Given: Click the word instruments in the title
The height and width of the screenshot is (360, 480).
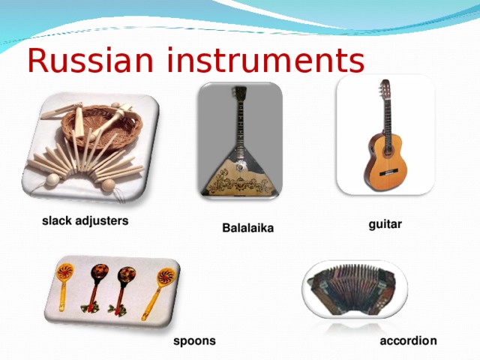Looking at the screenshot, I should tap(264, 59).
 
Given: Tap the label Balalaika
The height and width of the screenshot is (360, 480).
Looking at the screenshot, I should tap(248, 227).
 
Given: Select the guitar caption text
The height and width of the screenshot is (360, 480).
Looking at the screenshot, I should tap(385, 223).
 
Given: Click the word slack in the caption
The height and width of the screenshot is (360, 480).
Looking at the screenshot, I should tap(56, 221).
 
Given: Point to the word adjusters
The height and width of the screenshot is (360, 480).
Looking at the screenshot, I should tap(101, 221).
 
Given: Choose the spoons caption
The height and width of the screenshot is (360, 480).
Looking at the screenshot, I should tap(194, 341).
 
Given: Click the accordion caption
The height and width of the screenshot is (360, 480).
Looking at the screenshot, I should tap(408, 341).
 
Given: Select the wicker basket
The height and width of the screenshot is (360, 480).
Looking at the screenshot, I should tap(105, 124).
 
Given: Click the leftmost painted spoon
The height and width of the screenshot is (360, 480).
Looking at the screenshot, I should tap(66, 281).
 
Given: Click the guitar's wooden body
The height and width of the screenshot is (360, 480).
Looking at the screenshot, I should tap(382, 157).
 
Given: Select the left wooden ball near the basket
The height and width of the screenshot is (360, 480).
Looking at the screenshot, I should tap(52, 180).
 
